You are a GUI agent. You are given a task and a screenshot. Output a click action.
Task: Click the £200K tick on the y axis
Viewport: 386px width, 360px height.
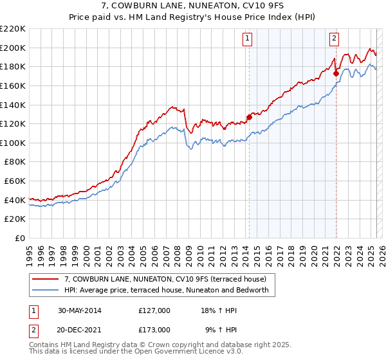[13, 48]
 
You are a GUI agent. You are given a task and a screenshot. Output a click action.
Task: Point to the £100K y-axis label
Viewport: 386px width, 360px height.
[13, 143]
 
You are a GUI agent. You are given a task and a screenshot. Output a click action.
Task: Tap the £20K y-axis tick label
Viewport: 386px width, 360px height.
[15, 219]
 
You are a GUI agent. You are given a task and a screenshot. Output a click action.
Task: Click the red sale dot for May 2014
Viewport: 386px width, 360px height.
[250, 117]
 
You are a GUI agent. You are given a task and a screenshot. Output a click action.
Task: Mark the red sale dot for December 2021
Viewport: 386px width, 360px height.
[336, 73]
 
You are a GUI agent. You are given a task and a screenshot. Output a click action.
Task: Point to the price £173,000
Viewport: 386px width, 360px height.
[154, 329]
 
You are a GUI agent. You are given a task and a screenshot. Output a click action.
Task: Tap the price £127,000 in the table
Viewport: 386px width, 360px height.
[154, 310]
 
